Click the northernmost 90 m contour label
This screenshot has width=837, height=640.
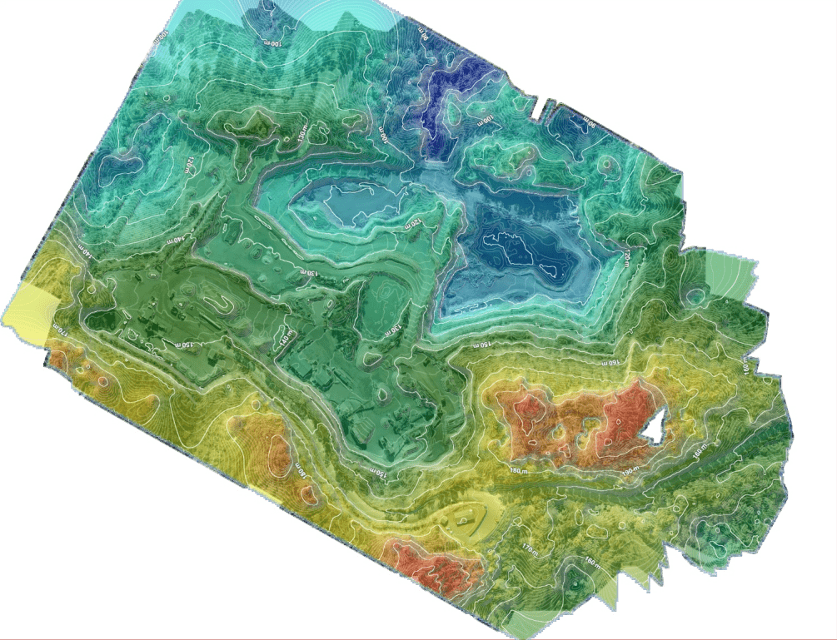click(x=424, y=39)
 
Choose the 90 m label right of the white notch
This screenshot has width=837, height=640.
click(x=588, y=122)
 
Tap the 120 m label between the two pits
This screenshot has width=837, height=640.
click(x=411, y=223)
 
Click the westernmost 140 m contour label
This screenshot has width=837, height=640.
click(x=82, y=247)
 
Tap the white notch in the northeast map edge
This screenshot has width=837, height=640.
click(x=545, y=108)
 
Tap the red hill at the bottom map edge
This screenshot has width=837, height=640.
click(x=433, y=566)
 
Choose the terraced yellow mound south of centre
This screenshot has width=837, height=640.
click(x=471, y=520)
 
